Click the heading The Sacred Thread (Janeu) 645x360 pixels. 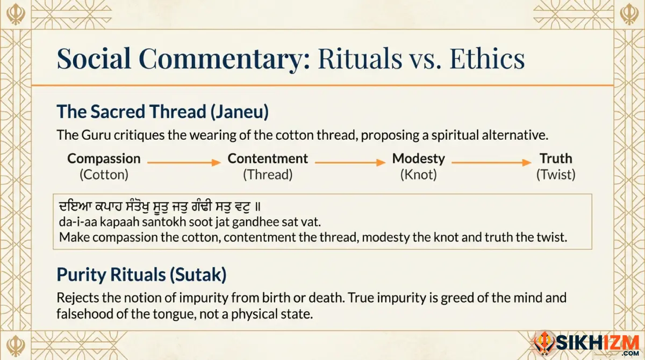point(162,112)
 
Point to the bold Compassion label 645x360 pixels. point(104,159)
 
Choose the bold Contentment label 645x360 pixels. point(268,159)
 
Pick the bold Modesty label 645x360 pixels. point(418,159)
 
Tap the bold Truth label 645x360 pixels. point(556,159)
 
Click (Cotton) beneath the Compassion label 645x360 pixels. point(104,175)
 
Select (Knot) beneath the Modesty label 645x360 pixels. point(418,175)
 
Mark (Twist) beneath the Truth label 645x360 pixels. point(556,175)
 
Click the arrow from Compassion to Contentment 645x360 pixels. point(184,161)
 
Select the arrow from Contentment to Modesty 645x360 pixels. point(350,161)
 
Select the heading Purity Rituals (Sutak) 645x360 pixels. point(141,275)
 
